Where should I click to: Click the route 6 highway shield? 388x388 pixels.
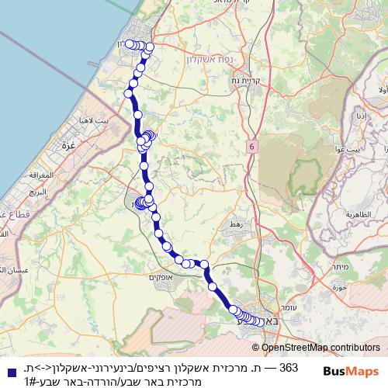point(252,145)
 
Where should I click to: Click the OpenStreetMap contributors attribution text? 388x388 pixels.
point(320,348)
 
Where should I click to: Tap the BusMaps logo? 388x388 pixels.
point(352,371)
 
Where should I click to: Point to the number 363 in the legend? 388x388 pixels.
point(288,367)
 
